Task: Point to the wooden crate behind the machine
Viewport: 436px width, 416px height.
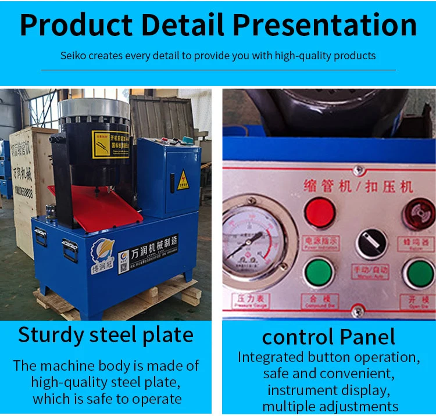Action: pyautogui.click(x=29, y=186)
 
